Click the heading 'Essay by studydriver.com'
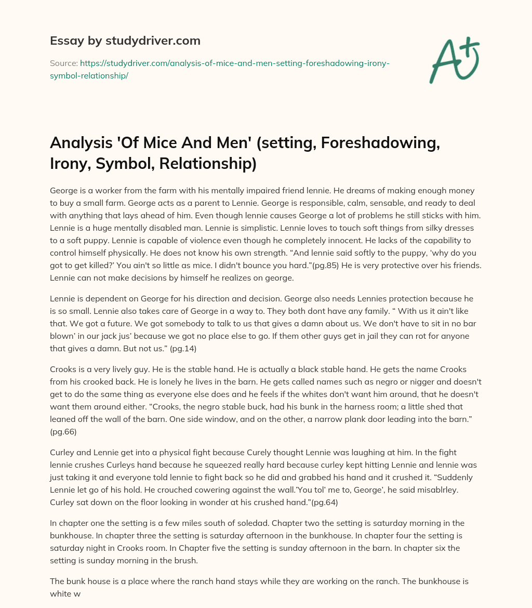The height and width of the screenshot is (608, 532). click(x=125, y=41)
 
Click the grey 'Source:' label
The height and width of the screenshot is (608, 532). click(x=63, y=63)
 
